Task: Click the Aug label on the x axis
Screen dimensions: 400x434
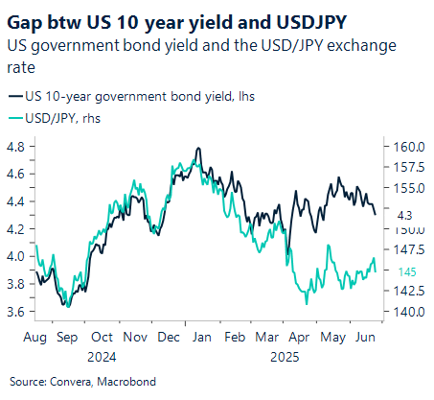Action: pos(34,338)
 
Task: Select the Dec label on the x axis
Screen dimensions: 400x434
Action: pos(169,338)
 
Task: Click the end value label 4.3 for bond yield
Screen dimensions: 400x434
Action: pos(403,216)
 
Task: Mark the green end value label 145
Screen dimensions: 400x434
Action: pos(404,271)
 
